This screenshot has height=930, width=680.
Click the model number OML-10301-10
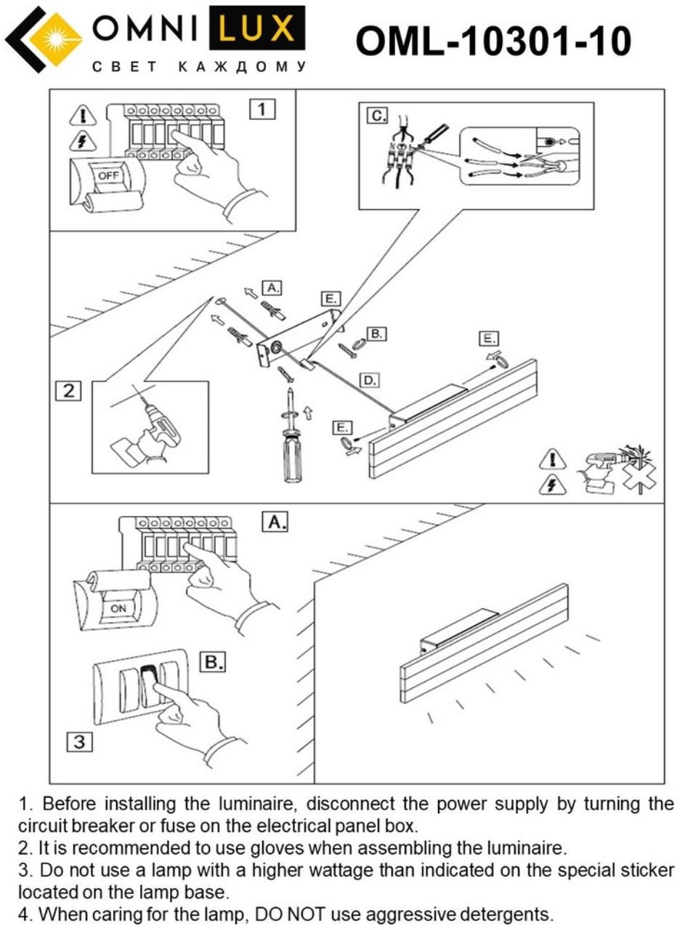pyautogui.click(x=493, y=41)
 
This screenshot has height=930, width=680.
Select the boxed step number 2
pyautogui.click(x=69, y=391)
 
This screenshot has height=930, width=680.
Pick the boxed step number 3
pyautogui.click(x=80, y=742)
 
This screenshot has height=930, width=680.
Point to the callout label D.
pyautogui.click(x=370, y=379)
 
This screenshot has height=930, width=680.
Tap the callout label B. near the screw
pyautogui.click(x=376, y=333)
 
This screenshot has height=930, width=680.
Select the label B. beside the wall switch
pyautogui.click(x=212, y=662)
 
